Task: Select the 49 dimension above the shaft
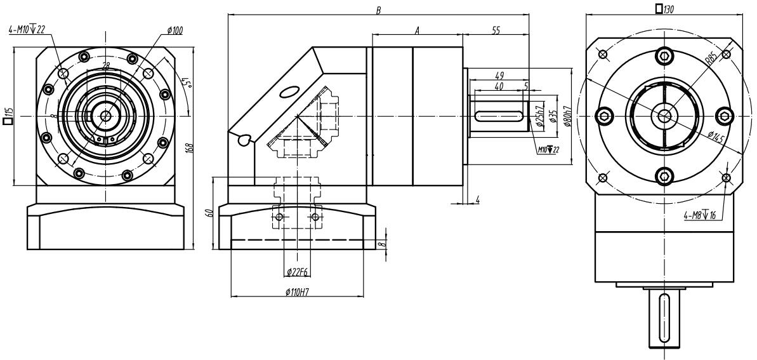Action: (x=499, y=76)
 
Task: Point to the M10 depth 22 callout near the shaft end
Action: (x=548, y=150)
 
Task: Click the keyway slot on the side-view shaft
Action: (x=499, y=116)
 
